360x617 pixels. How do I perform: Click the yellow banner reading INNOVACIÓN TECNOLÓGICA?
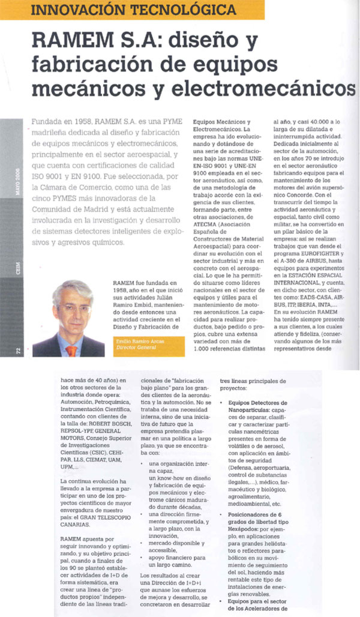click(x=133, y=10)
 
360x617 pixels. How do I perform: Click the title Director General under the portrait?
click(x=131, y=348)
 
